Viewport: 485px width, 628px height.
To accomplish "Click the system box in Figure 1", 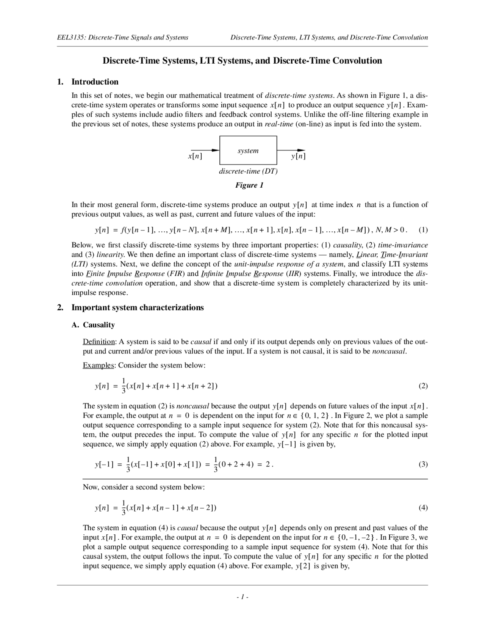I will (x=248, y=151).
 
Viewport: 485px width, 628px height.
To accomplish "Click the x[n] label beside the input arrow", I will (x=195, y=156).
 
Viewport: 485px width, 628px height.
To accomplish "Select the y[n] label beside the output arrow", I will (x=298, y=156).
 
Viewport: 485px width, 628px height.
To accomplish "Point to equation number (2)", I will (x=423, y=386).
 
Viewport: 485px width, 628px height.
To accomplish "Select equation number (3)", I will (x=423, y=464).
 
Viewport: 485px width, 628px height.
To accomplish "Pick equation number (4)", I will (x=423, y=508).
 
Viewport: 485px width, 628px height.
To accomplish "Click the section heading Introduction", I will (x=95, y=82).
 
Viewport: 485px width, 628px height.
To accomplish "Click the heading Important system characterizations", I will (x=138, y=308).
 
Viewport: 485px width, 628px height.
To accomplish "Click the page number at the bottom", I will (x=242, y=597).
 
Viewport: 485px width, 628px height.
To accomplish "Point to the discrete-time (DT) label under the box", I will (x=248, y=171).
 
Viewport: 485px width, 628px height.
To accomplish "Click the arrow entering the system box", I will (x=205, y=150).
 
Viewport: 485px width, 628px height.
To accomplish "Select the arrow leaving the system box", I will (x=291, y=150).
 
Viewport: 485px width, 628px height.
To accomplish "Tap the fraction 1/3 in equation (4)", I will (x=124, y=508).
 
